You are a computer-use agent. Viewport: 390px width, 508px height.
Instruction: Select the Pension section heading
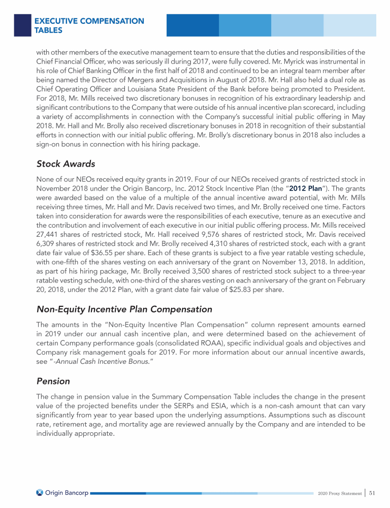point(53,380)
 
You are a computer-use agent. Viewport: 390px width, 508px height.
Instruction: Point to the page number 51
point(372,492)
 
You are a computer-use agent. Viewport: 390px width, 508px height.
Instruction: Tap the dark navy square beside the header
point(22,25)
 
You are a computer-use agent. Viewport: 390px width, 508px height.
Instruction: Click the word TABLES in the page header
point(48,30)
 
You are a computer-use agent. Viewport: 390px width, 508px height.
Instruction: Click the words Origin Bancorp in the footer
point(67,492)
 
